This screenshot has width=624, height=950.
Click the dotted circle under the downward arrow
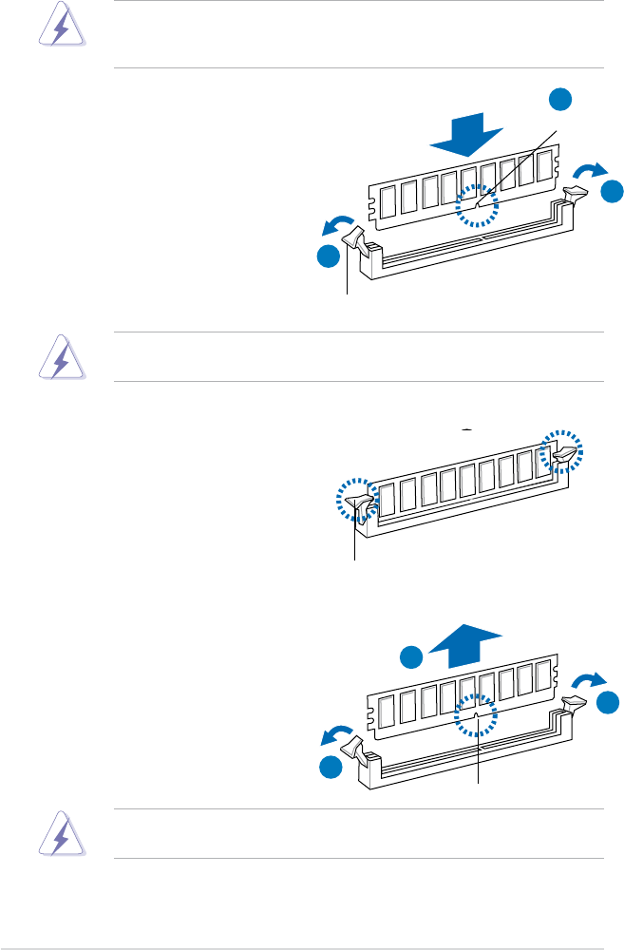click(477, 206)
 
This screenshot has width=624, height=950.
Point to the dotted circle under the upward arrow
click(477, 714)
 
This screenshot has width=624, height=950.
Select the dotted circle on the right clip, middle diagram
click(563, 450)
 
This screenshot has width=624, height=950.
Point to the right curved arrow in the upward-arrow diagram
click(591, 679)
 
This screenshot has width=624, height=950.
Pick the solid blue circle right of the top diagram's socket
click(613, 191)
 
